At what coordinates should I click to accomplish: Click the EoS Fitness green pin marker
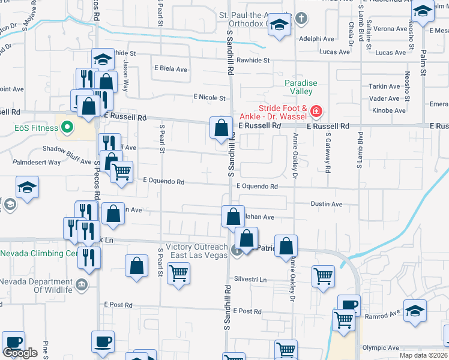[x=67, y=127]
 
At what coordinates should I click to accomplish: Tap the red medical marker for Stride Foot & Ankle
[x=316, y=111]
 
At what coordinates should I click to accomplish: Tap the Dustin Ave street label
[x=327, y=204]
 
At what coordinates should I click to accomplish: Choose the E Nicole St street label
[x=209, y=98]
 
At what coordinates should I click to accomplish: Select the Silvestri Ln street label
[x=250, y=279]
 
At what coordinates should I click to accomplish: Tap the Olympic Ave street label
[x=381, y=347]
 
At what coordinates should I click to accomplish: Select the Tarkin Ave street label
[x=385, y=86]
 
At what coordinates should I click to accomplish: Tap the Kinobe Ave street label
[x=389, y=110]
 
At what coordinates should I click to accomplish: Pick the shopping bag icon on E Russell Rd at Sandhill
[x=221, y=127]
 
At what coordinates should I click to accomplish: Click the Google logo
[x=20, y=353]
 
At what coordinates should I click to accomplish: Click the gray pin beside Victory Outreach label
[x=237, y=251]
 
